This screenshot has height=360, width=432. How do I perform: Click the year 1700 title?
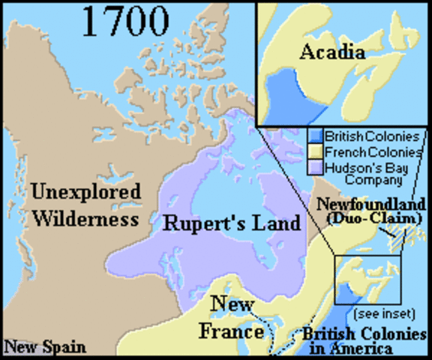[x=126, y=22]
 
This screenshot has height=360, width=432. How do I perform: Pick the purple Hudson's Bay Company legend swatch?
[x=316, y=166]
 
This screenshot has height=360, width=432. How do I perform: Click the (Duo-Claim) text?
[x=370, y=218]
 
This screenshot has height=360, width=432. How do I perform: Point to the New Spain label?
[x=44, y=347]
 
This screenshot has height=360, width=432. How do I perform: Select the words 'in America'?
[x=364, y=349]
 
